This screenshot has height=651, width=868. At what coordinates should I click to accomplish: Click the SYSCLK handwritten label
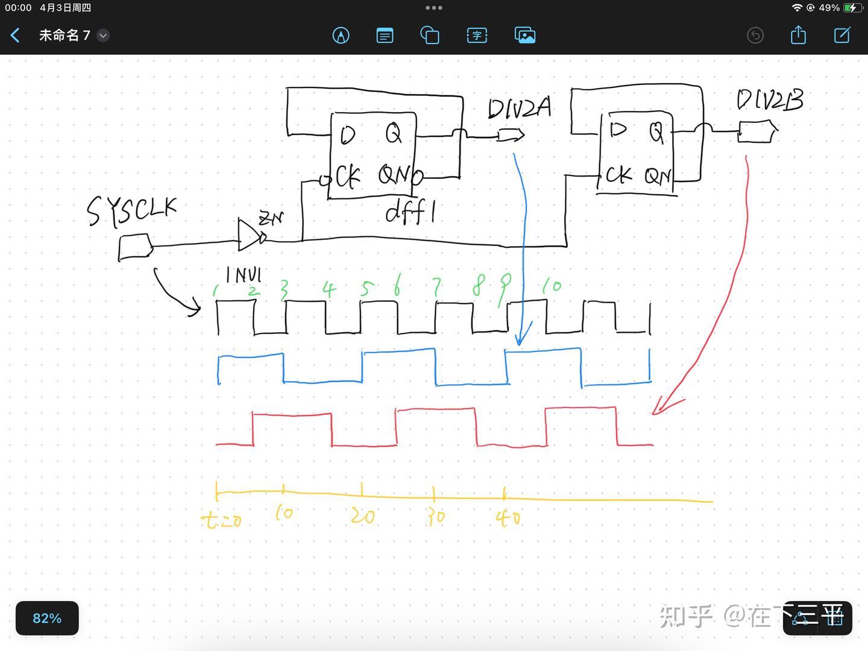131,211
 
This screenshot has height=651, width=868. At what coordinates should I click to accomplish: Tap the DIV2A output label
519,108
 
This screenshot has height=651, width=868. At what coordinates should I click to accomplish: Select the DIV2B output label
770,100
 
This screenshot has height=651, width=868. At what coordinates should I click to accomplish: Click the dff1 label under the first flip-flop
410,212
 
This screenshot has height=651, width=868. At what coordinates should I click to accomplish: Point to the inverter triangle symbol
249,235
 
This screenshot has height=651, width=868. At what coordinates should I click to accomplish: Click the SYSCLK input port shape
135,248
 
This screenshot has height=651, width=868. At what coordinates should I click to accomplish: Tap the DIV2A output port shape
510,135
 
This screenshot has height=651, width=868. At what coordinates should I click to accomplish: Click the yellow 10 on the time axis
283,513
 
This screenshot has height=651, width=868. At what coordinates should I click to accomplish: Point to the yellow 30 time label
435,517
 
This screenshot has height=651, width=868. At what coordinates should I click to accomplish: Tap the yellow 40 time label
508,517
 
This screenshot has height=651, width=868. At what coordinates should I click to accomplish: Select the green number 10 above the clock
551,286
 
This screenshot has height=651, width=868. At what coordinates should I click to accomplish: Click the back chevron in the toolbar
16,36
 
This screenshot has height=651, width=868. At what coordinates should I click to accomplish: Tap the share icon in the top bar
798,35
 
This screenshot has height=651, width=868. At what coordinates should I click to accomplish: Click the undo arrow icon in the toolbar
755,36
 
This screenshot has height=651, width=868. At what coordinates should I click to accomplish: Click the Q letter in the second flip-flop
656,132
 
